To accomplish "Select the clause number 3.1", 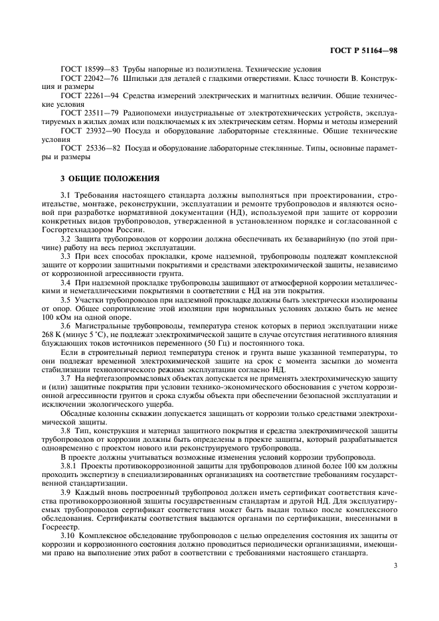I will [65, 196].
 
